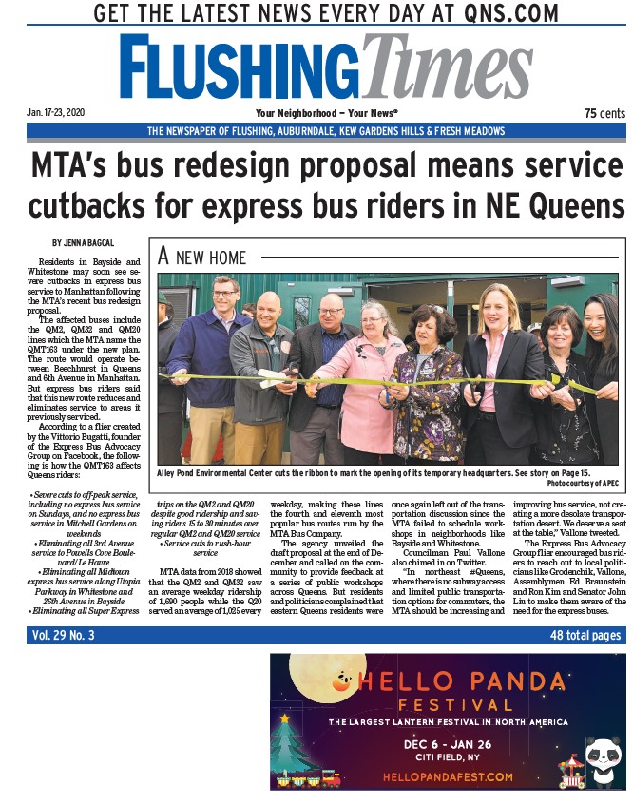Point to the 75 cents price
604,113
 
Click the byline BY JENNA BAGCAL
84,243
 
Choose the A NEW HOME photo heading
201,257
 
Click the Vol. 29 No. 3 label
64,636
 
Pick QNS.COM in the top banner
499,14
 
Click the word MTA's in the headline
85,165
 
